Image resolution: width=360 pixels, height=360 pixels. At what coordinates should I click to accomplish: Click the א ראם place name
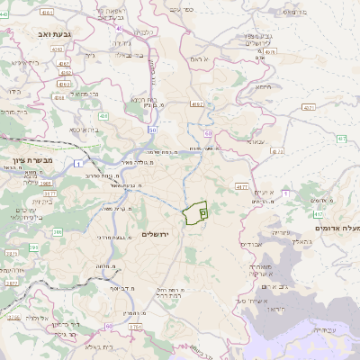[x=199, y=58]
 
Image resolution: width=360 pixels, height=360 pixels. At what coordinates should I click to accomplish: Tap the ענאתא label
[x=256, y=141]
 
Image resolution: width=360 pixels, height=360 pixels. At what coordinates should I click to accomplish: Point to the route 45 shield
[x=118, y=28]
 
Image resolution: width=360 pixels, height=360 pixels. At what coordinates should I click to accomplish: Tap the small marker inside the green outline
[x=202, y=212]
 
